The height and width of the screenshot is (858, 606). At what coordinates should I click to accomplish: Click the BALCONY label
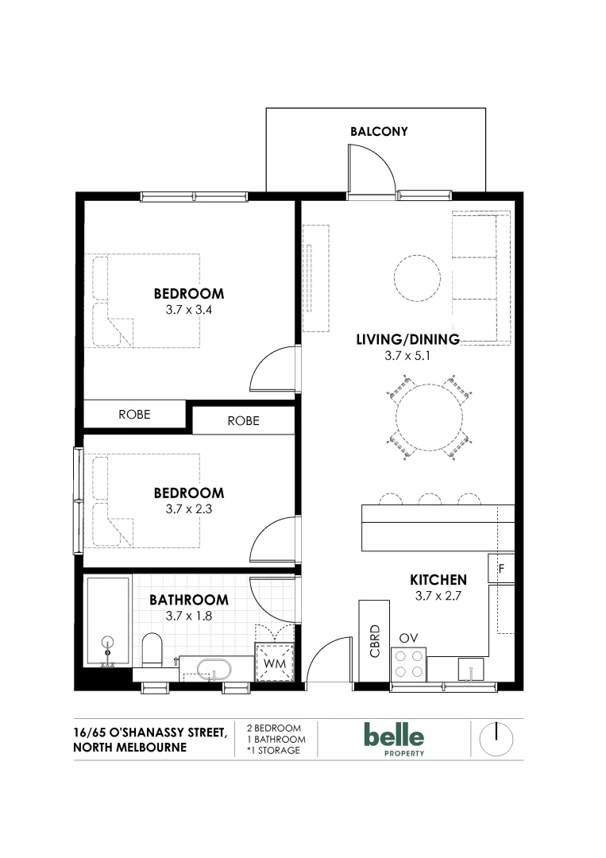click(x=378, y=131)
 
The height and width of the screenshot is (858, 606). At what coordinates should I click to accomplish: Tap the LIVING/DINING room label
click(x=407, y=339)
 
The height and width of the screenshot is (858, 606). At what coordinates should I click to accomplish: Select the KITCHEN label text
click(x=438, y=579)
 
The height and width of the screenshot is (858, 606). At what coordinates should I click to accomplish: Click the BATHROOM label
click(x=188, y=600)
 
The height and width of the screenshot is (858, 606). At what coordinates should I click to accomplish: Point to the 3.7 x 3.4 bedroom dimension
click(x=188, y=310)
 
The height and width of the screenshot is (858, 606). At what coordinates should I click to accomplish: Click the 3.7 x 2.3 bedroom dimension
click(x=188, y=509)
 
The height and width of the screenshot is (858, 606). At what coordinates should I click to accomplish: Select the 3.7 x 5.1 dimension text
click(x=407, y=357)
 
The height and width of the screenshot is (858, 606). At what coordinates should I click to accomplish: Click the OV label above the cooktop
click(x=408, y=638)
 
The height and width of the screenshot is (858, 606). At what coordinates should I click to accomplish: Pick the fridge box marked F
click(x=501, y=568)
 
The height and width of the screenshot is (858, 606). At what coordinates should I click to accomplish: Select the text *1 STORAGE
click(x=273, y=751)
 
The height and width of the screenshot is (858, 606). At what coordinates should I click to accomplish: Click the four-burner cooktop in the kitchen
click(x=408, y=664)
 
